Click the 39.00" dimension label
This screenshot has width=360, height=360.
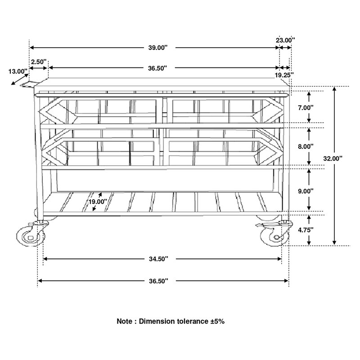(x=158, y=48)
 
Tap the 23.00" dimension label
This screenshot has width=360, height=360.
(x=285, y=40)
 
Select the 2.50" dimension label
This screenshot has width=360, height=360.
(x=39, y=62)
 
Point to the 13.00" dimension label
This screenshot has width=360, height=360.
(x=18, y=72)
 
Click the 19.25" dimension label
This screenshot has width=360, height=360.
(x=284, y=75)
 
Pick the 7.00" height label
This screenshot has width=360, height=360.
(x=306, y=108)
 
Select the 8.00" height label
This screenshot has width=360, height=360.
(x=306, y=147)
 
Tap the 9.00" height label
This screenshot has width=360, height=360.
(x=306, y=191)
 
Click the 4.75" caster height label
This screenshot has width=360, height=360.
(x=306, y=230)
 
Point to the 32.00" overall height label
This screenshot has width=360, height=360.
(x=333, y=158)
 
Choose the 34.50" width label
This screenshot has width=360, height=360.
(x=159, y=259)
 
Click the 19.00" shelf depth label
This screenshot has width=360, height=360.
(x=98, y=202)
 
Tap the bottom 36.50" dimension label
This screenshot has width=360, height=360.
(x=159, y=281)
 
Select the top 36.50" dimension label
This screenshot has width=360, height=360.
(x=157, y=68)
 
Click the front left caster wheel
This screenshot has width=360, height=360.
(x=31, y=237)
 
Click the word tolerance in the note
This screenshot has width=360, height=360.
(x=193, y=321)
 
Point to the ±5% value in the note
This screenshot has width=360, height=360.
(x=218, y=321)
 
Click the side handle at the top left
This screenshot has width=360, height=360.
(x=27, y=85)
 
